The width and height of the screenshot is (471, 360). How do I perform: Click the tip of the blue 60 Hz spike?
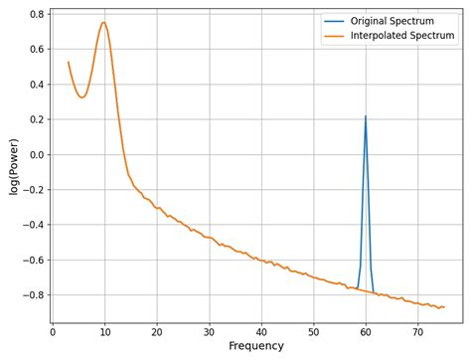tap(366, 116)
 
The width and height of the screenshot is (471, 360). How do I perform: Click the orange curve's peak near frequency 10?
tap(103, 22)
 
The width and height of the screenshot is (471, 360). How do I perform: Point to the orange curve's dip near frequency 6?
tap(82, 96)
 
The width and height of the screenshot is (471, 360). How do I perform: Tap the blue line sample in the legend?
tap(334, 22)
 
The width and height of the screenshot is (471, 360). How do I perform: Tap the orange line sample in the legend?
tap(334, 36)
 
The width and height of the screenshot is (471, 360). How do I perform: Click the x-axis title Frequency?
tap(256, 346)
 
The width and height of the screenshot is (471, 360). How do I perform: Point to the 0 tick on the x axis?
tap(53, 332)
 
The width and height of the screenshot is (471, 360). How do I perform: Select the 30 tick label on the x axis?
tap(209, 332)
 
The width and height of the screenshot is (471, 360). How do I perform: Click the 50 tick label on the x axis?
tap(313, 332)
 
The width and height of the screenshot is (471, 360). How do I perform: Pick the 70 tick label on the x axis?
tap(417, 332)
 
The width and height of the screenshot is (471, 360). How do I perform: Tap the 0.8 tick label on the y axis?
tap(34, 14)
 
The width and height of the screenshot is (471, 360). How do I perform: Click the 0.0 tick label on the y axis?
tap(34, 154)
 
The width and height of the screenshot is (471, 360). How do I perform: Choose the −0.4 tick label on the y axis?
tap(31, 225)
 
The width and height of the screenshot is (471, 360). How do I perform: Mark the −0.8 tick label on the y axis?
tap(31, 295)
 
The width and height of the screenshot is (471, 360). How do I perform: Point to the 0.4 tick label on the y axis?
tap(34, 85)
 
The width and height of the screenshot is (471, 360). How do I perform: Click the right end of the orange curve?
tap(444, 306)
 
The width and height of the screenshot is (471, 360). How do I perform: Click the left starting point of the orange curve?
tap(69, 63)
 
